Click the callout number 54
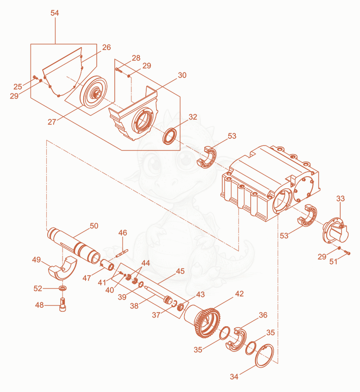(x=54, y=13)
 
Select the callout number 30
(x=182, y=75)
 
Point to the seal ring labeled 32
(x=170, y=137)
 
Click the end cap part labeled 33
(x=335, y=231)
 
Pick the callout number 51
(x=333, y=261)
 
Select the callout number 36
(x=263, y=315)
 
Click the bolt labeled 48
(x=63, y=305)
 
